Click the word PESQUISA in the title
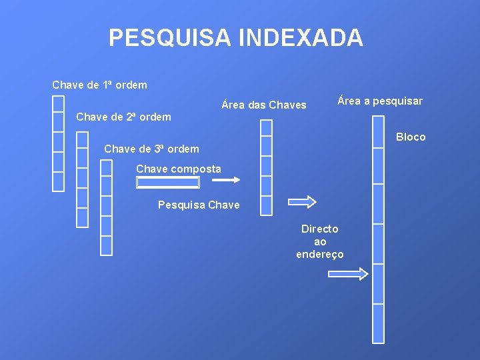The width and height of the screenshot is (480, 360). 169,38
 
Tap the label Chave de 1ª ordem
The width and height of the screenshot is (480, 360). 99,85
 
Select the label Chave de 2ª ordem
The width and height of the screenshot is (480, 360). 123,117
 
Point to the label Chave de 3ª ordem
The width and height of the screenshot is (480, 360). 151,149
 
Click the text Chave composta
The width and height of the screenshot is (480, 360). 179,169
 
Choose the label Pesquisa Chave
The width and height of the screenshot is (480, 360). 199,205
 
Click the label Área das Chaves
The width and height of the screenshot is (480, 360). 264,105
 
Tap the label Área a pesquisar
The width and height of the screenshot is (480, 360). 380,101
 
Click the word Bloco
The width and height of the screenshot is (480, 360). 411,137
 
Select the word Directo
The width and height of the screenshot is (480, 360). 320,229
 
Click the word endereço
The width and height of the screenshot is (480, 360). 320,255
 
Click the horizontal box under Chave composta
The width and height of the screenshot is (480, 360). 168,182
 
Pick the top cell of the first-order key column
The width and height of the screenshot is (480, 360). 59,103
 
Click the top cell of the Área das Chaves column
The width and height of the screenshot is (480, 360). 266,127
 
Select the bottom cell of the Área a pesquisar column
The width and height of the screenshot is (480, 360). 378,323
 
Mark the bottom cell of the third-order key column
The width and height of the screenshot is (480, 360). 106,246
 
